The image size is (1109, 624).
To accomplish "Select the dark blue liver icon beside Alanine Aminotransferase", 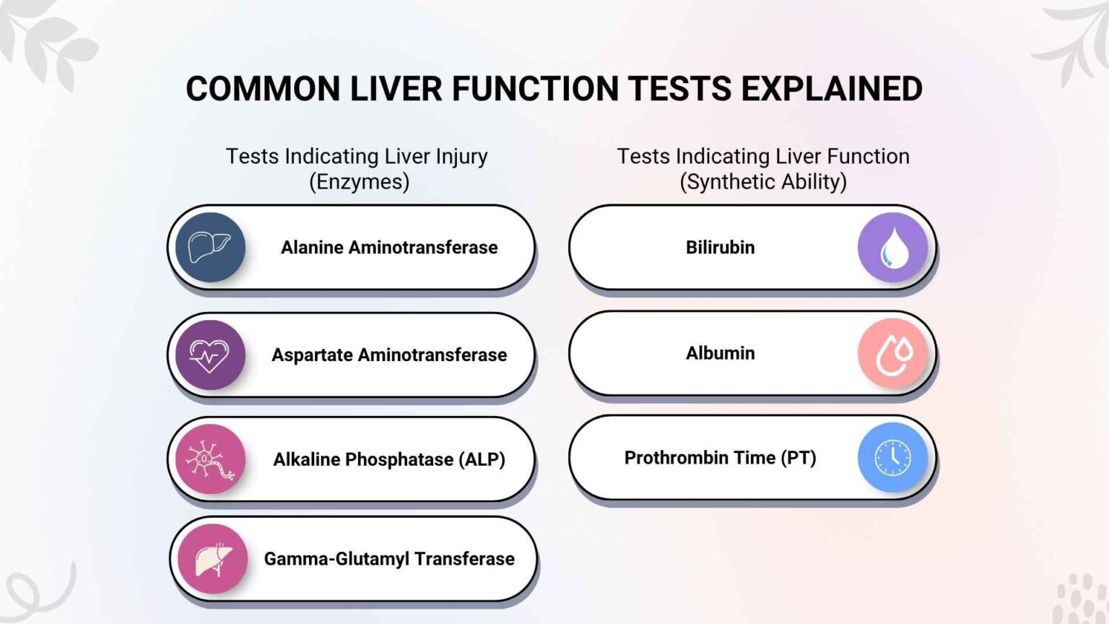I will pyautogui.click(x=210, y=248).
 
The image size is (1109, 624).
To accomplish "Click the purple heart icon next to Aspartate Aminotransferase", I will pyautogui.click(x=210, y=355).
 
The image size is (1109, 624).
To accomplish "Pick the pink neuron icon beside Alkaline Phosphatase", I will pyautogui.click(x=210, y=459).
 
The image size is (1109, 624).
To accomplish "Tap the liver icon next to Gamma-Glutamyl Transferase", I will pyautogui.click(x=212, y=559).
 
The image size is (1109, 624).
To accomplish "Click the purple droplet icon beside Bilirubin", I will pyautogui.click(x=892, y=248).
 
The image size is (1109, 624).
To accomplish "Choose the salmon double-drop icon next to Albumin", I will pyautogui.click(x=892, y=354).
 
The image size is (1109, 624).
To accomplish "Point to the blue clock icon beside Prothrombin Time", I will pyautogui.click(x=892, y=458).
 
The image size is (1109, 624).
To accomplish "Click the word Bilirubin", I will pyautogui.click(x=720, y=248).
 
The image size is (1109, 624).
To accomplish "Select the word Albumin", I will pyautogui.click(x=720, y=353).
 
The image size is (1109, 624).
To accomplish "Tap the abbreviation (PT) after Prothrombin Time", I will pyautogui.click(x=798, y=458).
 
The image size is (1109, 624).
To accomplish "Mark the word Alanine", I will pyautogui.click(x=312, y=248).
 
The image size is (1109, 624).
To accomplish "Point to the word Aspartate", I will pyautogui.click(x=312, y=355).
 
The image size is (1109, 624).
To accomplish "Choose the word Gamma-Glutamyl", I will pyautogui.click(x=336, y=559).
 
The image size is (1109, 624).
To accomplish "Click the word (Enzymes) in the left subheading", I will pyautogui.click(x=359, y=182).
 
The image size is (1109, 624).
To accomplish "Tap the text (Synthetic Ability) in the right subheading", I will pyautogui.click(x=762, y=182).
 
